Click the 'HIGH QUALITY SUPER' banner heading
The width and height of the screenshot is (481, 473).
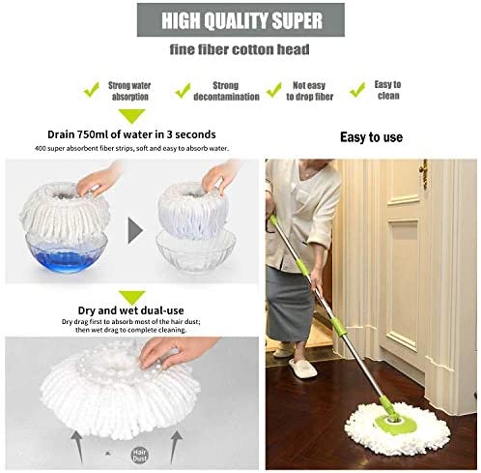click(x=241, y=20)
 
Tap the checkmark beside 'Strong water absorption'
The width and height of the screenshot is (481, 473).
click(x=92, y=90)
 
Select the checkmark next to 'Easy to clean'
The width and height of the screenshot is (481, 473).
click(x=357, y=90)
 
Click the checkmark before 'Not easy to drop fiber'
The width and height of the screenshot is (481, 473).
click(x=274, y=90)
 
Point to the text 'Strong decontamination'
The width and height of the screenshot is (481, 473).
click(x=226, y=91)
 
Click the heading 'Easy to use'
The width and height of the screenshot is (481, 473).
click(x=371, y=137)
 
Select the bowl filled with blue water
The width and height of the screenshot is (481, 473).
click(x=67, y=252)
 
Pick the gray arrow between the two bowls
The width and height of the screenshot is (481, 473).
click(x=135, y=230)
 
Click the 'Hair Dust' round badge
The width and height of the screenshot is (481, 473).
click(x=140, y=455)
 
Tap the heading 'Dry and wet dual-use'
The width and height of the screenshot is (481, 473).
click(x=131, y=310)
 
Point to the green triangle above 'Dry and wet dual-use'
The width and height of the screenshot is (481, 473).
click(x=132, y=297)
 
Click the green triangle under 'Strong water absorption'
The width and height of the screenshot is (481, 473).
click(x=132, y=116)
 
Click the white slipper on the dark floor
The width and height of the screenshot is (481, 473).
click(x=302, y=369)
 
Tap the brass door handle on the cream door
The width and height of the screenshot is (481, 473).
click(x=424, y=173)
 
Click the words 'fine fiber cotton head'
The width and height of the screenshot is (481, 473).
click(x=240, y=49)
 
